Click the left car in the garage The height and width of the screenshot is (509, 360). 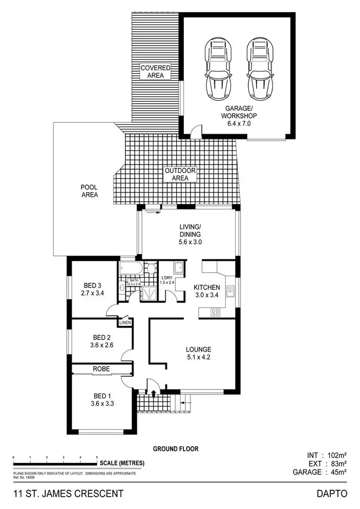pyautogui.click(x=218, y=68)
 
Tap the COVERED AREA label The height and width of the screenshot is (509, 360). pyautogui.click(x=155, y=72)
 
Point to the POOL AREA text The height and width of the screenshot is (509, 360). pyautogui.click(x=89, y=191)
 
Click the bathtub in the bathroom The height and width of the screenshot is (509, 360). pyautogui.click(x=130, y=267)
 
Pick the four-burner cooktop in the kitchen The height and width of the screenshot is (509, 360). pyautogui.click(x=216, y=312)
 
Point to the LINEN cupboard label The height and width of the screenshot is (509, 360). pyautogui.click(x=125, y=322)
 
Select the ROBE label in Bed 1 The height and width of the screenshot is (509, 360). pyautogui.click(x=102, y=369)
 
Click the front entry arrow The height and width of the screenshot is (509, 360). pyautogui.click(x=154, y=393)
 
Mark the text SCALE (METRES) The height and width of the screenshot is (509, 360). pyautogui.click(x=122, y=463)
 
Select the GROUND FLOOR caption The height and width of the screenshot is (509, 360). pyautogui.click(x=176, y=449)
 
